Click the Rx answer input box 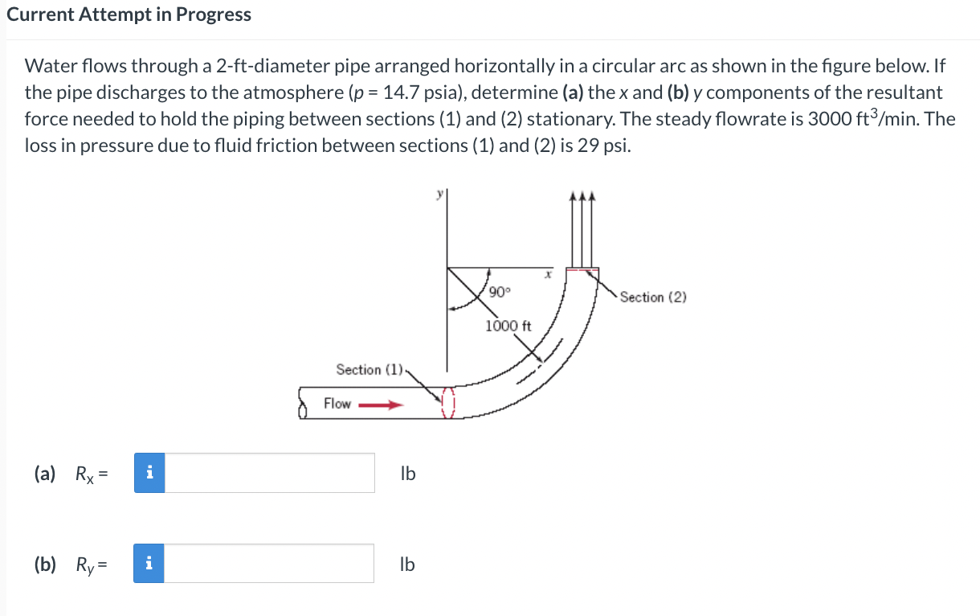click(270, 473)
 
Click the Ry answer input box click(270, 564)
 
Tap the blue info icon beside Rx click(149, 473)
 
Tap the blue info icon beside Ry click(149, 564)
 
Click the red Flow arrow click(379, 405)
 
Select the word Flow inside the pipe click(337, 404)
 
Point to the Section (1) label click(370, 369)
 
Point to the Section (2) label click(653, 298)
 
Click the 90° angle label click(498, 291)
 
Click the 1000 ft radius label click(508, 326)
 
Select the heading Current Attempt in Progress click(129, 14)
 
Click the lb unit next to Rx click(408, 474)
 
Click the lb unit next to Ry click(408, 565)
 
